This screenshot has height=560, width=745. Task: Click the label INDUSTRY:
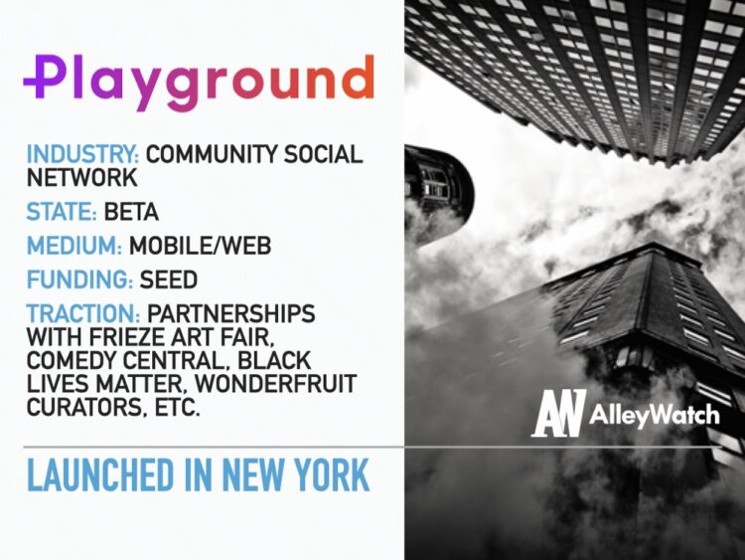click(x=83, y=155)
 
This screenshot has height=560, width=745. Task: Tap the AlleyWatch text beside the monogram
click(x=654, y=414)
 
